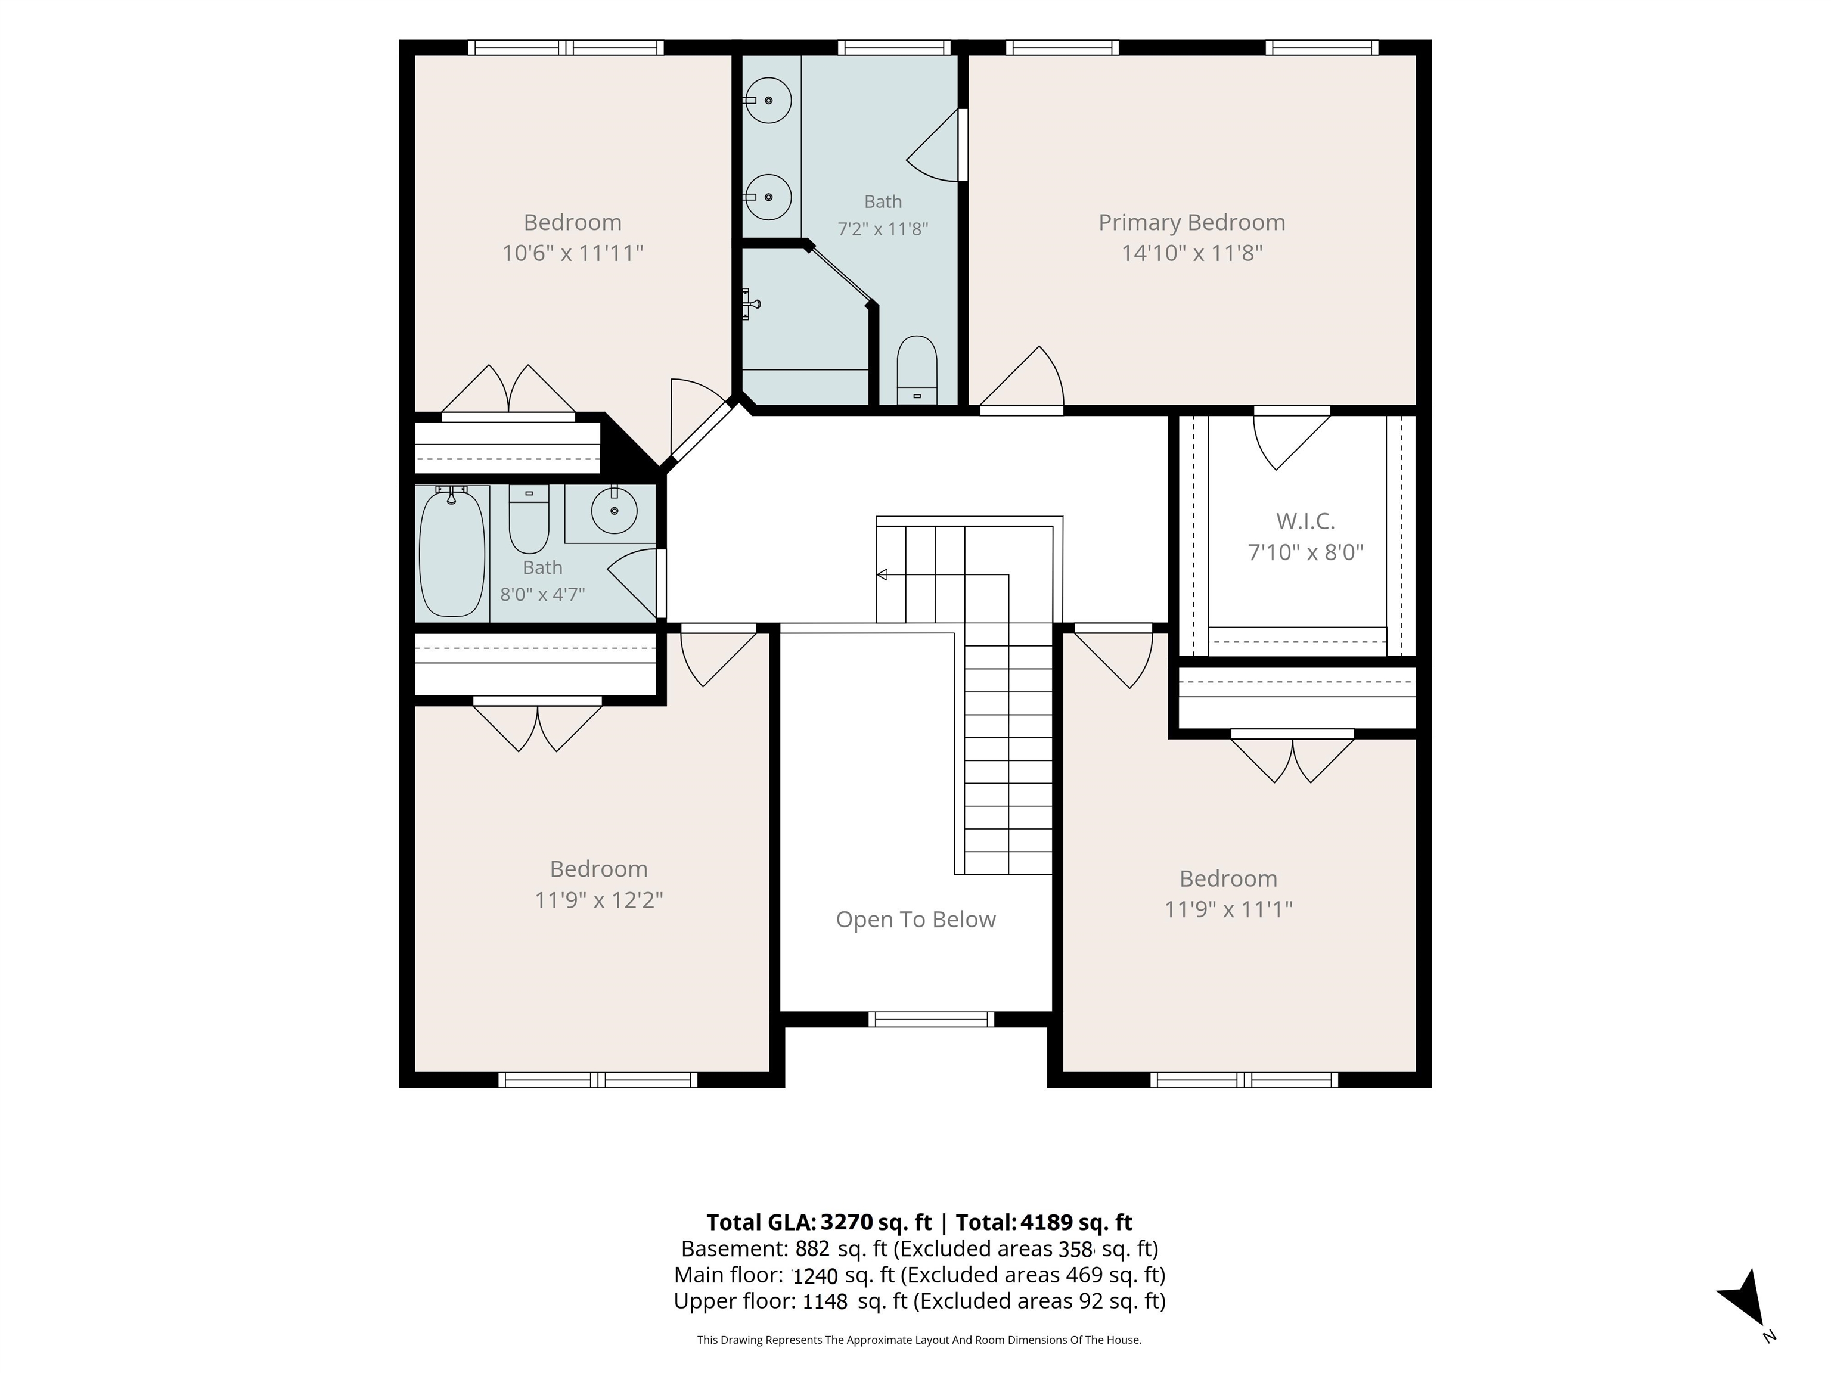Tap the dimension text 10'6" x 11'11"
point(573,253)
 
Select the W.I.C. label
point(1305,521)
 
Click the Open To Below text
point(915,920)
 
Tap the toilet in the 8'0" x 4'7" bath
point(529,519)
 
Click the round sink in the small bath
point(614,510)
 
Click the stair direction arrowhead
point(882,574)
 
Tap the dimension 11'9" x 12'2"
point(599,900)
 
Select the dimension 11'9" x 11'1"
point(1228,909)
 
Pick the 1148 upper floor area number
point(825,1302)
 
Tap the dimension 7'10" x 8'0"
point(1305,552)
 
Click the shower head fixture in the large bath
point(752,304)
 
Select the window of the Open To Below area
point(931,1020)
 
